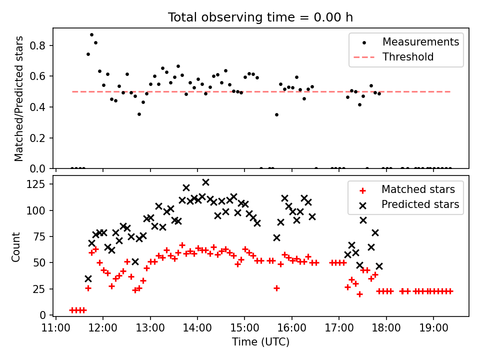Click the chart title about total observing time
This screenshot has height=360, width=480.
pos(260,17)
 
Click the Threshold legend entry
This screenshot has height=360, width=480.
pos(393,57)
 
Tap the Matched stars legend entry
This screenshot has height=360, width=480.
pos(406,189)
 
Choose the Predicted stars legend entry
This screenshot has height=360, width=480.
pos(409,204)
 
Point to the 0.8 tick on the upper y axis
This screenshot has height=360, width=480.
pos(37,45)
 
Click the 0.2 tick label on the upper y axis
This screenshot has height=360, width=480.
pos(37,138)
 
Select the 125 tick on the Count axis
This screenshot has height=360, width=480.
pos(36,184)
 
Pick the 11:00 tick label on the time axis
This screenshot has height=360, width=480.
pos(55,328)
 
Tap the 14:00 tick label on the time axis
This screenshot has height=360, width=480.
pos(197,328)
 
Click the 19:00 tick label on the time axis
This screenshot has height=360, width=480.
pos(434,328)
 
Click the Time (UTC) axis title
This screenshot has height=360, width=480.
pos(260,341)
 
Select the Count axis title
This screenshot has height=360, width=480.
pos(15,247)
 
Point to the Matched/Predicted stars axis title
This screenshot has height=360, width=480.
pos(18,98)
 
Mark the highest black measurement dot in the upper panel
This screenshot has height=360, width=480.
pos(91,35)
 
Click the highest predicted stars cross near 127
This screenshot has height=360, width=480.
pos(205,182)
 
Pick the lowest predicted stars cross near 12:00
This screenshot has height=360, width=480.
pos(88,279)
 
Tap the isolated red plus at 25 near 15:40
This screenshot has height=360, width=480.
pos(276,288)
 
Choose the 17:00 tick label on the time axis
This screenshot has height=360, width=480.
pos(339,328)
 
